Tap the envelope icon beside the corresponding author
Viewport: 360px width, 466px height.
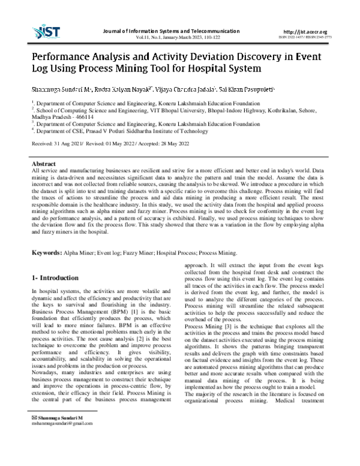click(34, 450)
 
